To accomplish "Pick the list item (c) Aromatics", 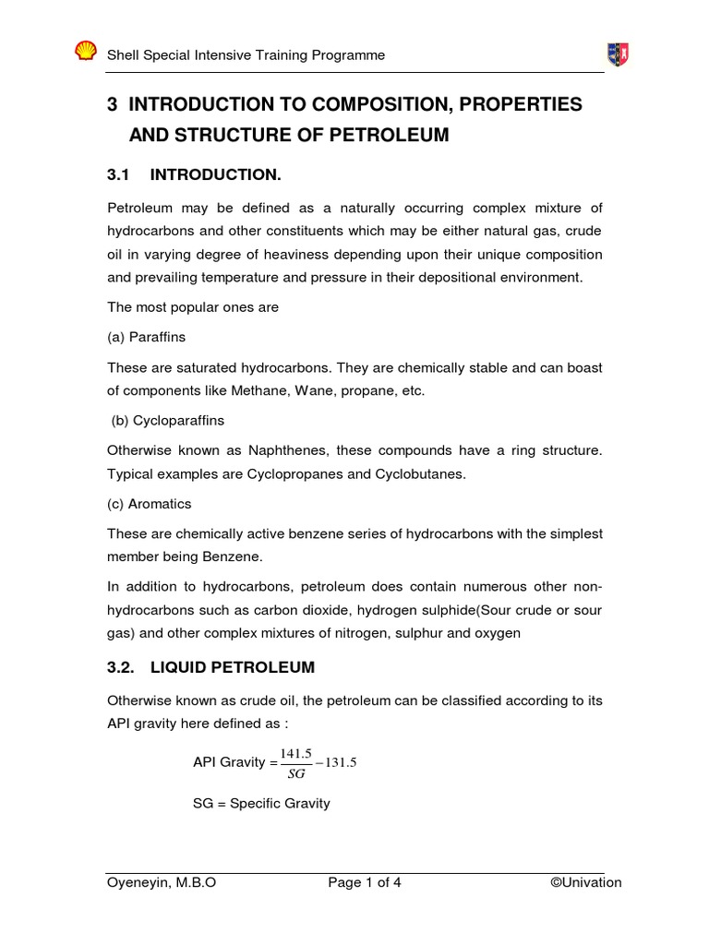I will [150, 504].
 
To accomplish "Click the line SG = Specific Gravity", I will [261, 804].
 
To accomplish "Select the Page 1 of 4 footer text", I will [365, 882].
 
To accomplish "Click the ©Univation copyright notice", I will [585, 882].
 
